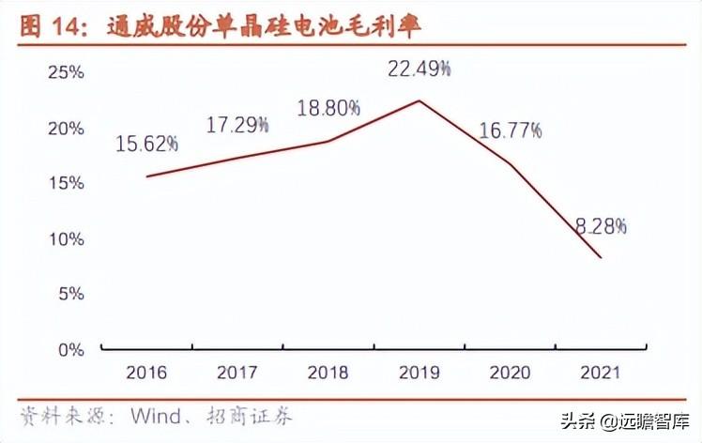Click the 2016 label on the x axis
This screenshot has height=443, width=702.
coord(145,373)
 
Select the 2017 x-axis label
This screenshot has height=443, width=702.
coord(237,373)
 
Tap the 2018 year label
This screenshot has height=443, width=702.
coord(328,373)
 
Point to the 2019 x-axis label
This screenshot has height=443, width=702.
coord(419,373)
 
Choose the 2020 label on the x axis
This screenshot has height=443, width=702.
coord(510,373)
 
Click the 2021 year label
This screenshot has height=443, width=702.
coord(601,373)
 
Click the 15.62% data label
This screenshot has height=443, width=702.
coord(146,144)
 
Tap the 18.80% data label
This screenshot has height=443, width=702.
coord(328,108)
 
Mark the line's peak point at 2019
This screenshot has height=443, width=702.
coord(419,100)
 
